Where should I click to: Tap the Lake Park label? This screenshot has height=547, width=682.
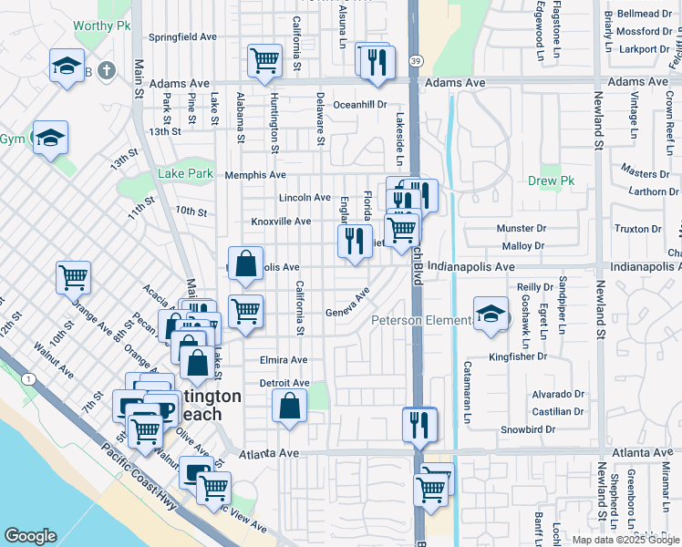coord(185,173)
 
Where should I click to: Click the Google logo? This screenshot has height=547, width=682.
coord(30,536)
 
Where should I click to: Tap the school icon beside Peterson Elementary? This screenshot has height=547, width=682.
coord(491,315)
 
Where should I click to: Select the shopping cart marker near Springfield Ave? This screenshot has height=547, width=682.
coord(264,61)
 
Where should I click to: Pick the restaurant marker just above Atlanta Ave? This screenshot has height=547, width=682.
coord(419,423)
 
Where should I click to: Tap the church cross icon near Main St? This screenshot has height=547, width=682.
coord(107,70)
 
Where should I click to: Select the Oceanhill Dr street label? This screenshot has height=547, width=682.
coord(360,105)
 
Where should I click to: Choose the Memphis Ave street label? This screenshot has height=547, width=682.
coord(255,175)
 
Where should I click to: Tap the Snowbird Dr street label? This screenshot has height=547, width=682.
coord(527,428)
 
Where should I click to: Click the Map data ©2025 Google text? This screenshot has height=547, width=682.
coord(625,539)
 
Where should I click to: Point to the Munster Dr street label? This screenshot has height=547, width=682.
coord(521,228)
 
